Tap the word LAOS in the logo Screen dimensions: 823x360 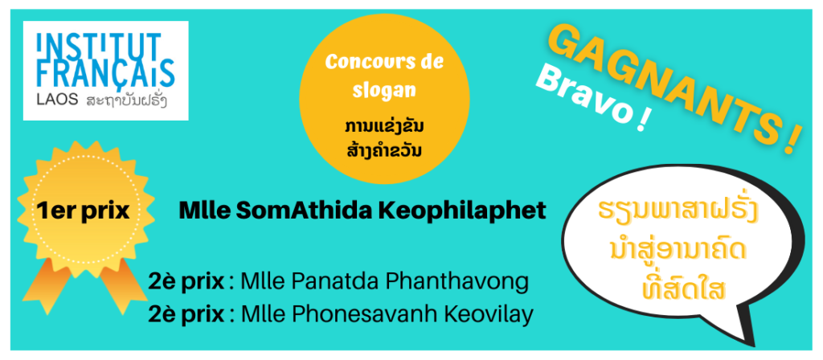57,100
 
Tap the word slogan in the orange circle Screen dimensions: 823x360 384,90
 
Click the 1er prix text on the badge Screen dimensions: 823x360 83,211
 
